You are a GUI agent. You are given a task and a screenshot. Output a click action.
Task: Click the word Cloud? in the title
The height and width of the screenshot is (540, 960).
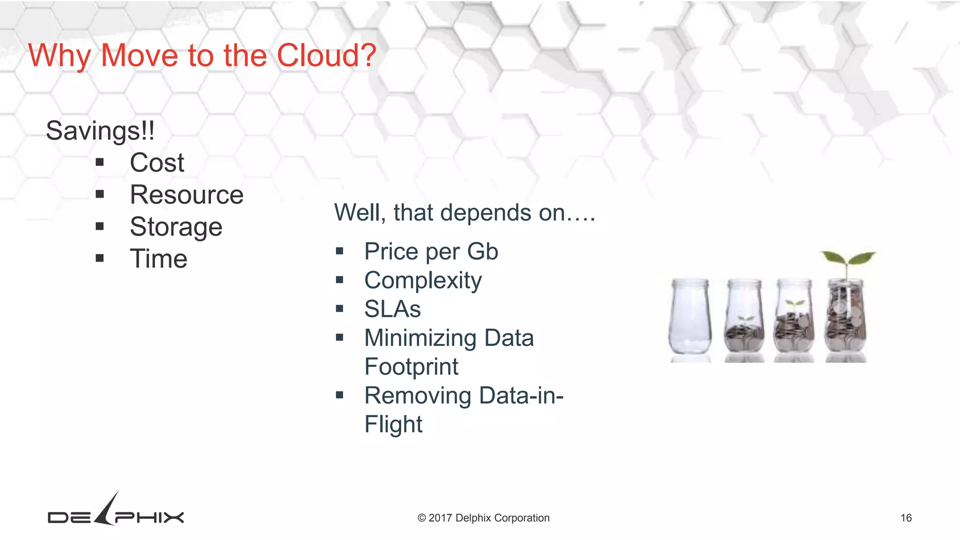[x=326, y=55]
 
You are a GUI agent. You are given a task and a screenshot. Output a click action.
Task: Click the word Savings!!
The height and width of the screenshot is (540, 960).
[x=100, y=131]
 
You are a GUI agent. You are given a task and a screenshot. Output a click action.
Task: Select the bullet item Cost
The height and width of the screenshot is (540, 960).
[x=157, y=163]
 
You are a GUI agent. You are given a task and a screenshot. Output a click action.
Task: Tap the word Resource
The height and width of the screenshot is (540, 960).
[x=187, y=195]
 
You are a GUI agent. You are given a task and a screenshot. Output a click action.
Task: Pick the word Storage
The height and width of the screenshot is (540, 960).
[x=176, y=227]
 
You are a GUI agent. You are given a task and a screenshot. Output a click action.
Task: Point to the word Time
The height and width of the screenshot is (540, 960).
[x=158, y=259]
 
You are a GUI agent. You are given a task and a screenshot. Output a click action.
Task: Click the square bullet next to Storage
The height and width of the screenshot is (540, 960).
[x=99, y=226]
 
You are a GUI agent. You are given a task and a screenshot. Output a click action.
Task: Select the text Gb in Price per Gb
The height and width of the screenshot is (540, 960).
[x=482, y=252]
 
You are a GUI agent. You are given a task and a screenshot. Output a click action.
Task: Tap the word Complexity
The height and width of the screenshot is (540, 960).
[x=423, y=281]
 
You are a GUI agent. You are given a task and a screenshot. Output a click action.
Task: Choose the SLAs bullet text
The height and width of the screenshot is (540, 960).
[x=392, y=309]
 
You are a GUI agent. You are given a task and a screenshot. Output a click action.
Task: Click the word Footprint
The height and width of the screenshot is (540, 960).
[x=411, y=367]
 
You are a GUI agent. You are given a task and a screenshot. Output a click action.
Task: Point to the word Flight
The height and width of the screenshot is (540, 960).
[x=393, y=424]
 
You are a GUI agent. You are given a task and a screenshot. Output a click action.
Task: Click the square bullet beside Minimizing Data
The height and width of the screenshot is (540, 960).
[x=340, y=337]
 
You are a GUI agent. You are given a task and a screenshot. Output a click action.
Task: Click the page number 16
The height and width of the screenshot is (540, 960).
[x=906, y=518]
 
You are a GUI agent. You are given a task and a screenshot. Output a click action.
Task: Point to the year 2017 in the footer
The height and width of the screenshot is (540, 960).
[x=440, y=518]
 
